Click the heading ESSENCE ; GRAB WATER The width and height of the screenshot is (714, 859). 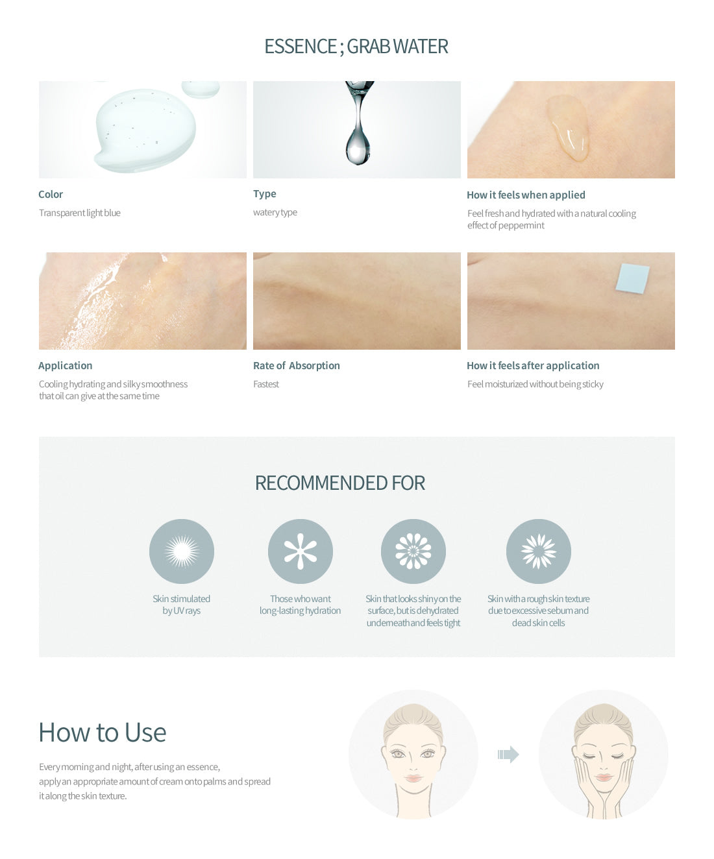point(356,46)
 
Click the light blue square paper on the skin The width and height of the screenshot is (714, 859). point(632,278)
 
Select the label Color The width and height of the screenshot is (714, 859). point(51,194)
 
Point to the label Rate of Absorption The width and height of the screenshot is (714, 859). point(296,365)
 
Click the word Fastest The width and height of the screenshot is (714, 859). point(266,384)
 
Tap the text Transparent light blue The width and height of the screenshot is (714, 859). point(80,213)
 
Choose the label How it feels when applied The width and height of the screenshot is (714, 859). point(526,195)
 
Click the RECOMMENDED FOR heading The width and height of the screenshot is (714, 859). point(340,483)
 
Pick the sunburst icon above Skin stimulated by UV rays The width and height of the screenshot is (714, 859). point(182,551)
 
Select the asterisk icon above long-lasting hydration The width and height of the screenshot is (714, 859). point(301,551)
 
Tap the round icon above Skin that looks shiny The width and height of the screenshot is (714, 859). point(413,551)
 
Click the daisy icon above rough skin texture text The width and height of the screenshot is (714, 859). point(538,551)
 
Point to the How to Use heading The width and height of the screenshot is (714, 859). point(103,732)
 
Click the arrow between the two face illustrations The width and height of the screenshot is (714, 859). point(508,755)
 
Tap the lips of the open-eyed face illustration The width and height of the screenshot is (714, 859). point(413,778)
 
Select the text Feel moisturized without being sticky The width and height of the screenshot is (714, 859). point(535,384)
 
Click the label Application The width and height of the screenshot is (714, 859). point(65,365)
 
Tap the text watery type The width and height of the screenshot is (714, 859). point(275,212)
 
